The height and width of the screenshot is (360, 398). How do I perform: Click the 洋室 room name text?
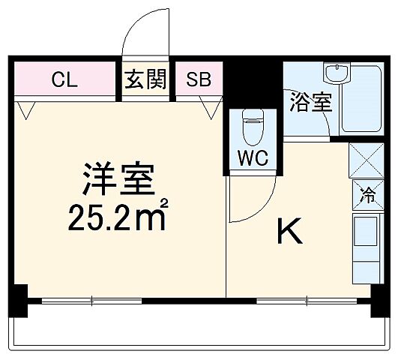(x=118, y=178)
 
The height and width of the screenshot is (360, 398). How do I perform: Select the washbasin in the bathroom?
(x=335, y=76)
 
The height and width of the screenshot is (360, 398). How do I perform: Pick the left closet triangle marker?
(x=28, y=111)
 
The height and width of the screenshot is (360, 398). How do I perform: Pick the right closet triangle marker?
(x=211, y=111)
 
